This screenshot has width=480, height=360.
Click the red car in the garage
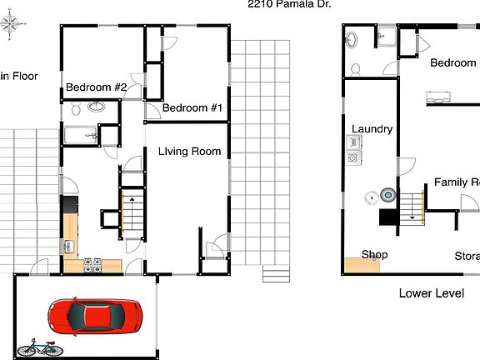coord(94,316)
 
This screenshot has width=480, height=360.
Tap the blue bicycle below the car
coord(40,347)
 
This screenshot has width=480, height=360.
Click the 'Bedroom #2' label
coord(96,87)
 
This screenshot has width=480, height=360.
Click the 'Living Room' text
coord(190,152)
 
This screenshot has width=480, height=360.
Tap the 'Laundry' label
coord(372,129)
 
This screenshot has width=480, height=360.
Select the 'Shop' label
coord(374,255)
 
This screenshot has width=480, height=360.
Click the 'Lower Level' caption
coord(431,293)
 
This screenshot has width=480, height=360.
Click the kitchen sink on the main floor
coord(67,247)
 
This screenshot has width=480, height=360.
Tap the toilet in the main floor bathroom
coord(75,108)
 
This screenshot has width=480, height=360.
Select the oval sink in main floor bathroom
coord(97,107)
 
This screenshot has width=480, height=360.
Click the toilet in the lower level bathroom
coord(356,68)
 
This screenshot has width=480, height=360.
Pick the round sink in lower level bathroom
coord(352,38)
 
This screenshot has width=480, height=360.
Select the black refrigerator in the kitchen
coord(69,204)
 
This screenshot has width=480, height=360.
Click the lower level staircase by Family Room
coord(412,205)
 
